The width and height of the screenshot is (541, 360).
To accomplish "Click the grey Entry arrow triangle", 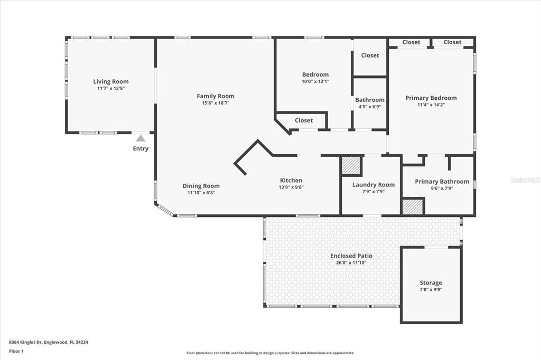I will (x=141, y=138).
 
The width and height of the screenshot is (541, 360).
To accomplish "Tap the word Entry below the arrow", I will (x=141, y=149).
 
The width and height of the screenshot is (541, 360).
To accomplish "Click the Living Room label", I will (x=111, y=81).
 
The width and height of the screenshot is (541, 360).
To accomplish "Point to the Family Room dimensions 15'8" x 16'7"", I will (x=216, y=103).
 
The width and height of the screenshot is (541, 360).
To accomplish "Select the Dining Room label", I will (x=201, y=186).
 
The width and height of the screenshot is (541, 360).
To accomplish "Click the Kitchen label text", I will (x=291, y=181).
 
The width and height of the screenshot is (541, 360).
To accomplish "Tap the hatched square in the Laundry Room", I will (x=351, y=166).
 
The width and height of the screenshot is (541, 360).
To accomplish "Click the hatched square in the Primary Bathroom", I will (x=413, y=206).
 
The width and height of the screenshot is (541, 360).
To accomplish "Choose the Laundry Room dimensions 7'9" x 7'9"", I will (x=374, y=192).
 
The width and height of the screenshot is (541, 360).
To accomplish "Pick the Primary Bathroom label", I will (x=442, y=182).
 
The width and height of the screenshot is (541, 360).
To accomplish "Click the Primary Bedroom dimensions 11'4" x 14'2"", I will (x=431, y=105).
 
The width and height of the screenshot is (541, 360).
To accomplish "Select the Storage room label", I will (x=431, y=283).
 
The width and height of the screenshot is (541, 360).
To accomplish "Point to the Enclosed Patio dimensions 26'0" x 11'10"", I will (x=351, y=262).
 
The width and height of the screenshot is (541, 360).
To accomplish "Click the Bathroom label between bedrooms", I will (x=370, y=100).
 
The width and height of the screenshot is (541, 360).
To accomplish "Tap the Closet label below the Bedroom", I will (x=304, y=120).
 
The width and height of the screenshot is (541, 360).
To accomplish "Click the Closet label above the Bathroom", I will (x=370, y=55).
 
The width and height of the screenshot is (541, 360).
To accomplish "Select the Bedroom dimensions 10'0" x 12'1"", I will (x=315, y=81).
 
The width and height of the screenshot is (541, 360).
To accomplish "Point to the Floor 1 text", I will (x=16, y=350).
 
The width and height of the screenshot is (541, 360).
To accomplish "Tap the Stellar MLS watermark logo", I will (x=525, y=180).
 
